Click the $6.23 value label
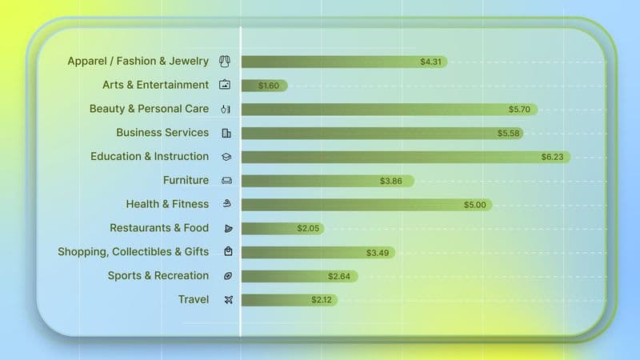[552, 157]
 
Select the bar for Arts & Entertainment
[264, 86]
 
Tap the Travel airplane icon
[227, 300]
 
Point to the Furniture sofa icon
[226, 181]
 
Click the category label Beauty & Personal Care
[149, 109]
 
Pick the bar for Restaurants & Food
[282, 229]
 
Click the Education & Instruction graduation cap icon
[226, 157]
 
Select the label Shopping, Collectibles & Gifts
[133, 252]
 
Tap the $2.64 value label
[339, 277]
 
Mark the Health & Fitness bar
[366, 205]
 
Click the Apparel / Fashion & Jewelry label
[138, 62]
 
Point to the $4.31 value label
[431, 62]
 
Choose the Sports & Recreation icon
[227, 276]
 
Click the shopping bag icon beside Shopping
[228, 252]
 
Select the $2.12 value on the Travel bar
[322, 300]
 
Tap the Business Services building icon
[226, 133]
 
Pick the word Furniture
[186, 181]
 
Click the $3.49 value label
[378, 253]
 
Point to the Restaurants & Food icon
[227, 229]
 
